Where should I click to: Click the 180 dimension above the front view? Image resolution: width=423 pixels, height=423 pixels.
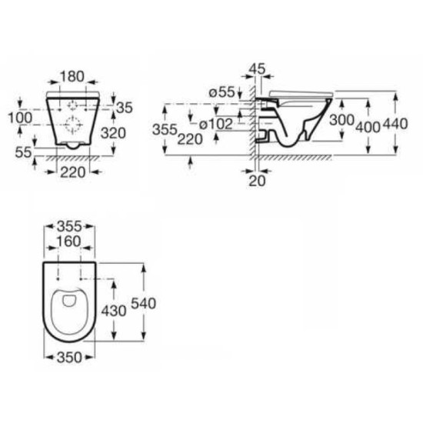[72, 76]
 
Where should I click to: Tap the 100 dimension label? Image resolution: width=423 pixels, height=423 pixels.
[21, 118]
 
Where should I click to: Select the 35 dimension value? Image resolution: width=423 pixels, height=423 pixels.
[125, 108]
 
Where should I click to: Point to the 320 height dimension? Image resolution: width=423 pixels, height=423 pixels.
[113, 133]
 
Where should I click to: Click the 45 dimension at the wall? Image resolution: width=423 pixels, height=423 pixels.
[257, 69]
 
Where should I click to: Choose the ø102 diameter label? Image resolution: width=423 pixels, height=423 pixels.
[216, 125]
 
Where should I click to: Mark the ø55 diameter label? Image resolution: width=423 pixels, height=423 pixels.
[221, 92]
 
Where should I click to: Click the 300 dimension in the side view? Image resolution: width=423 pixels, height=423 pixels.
[341, 120]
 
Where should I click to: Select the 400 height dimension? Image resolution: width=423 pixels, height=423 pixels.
[368, 127]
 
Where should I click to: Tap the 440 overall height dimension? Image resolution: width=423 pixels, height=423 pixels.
[395, 124]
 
